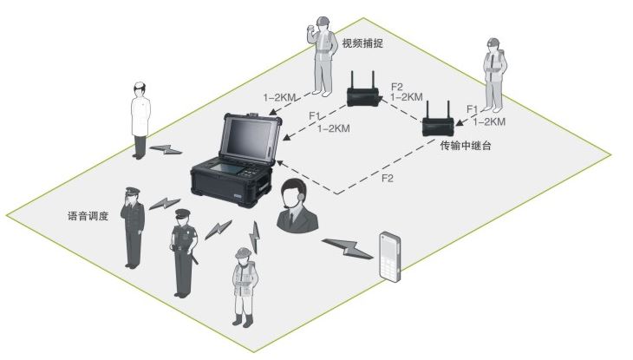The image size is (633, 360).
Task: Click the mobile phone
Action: point(390,257)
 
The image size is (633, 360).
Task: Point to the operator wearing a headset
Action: point(296,208)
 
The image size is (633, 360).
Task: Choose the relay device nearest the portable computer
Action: point(362,91)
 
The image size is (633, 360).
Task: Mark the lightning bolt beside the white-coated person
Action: point(167,149)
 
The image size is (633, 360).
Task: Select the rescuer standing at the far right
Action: point(494,79)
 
